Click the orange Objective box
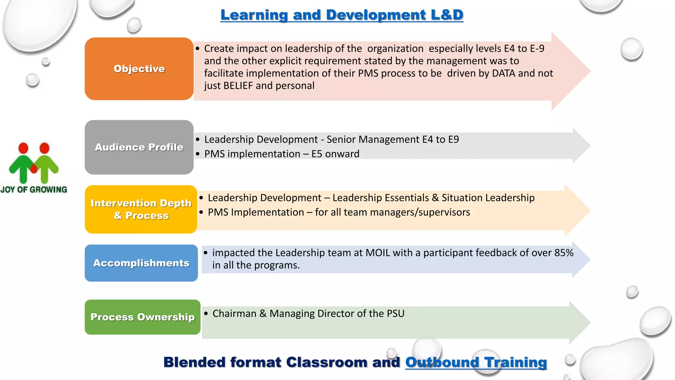point(139,69)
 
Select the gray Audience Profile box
point(139,147)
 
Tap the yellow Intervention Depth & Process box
point(141,209)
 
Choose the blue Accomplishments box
point(141,263)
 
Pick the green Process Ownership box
point(142,317)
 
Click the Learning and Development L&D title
point(342,15)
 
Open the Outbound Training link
point(476,362)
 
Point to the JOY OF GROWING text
point(34,190)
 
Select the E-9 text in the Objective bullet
point(537,48)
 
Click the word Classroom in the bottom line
point(327,362)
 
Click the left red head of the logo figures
point(23,148)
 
